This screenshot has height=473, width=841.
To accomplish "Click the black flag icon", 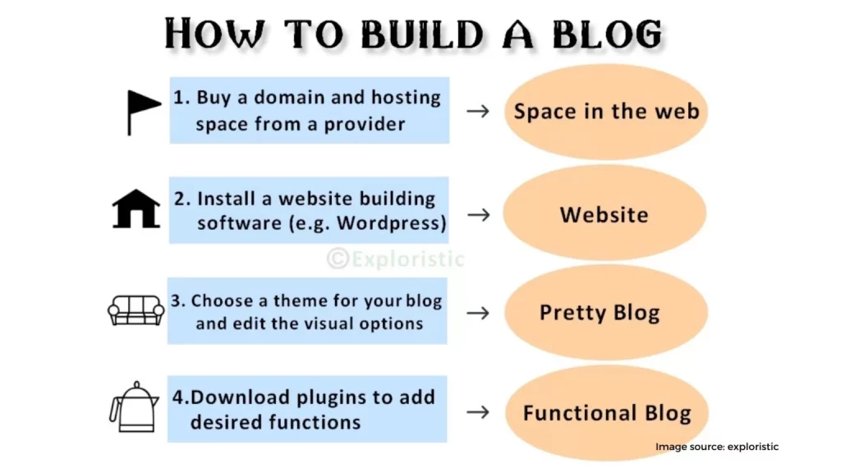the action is tap(143, 113).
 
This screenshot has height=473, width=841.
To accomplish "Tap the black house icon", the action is tap(136, 209).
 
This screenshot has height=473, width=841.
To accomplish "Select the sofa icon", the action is tap(136, 310).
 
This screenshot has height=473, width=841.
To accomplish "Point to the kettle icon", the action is tap(135, 407).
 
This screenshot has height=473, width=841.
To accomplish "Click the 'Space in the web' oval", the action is tap(605, 112).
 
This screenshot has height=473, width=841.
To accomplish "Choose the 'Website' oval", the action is tap(604, 214).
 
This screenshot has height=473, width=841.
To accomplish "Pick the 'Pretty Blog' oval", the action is tap(605, 313).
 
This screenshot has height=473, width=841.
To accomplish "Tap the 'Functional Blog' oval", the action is tap(607, 413).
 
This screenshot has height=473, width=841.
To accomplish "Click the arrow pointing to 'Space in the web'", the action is tap(478, 111).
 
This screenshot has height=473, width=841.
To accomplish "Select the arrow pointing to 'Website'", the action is tap(479, 214).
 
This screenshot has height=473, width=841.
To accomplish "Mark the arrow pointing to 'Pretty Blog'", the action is tap(478, 313).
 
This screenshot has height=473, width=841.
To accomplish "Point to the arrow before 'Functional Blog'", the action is tap(478, 412).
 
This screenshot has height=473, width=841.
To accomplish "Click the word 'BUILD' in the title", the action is tap(421, 34).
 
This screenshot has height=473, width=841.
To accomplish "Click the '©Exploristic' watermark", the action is tap(395, 259).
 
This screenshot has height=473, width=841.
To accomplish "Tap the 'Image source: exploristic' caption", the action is tap(716, 447).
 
